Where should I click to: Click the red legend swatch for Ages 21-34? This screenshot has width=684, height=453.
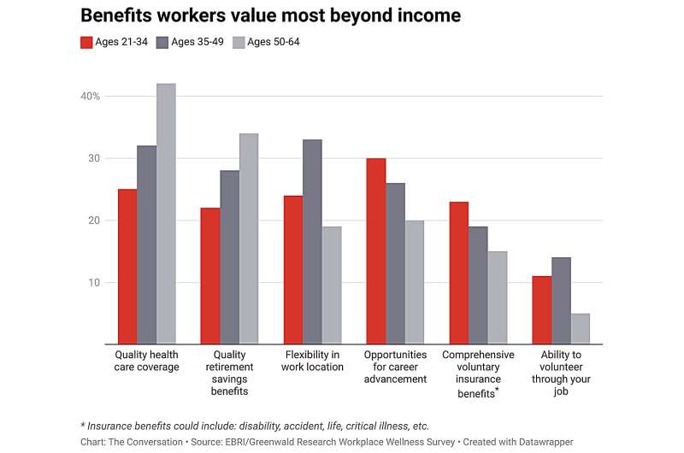tap(86, 42)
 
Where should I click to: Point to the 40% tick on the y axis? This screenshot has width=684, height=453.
tap(91, 96)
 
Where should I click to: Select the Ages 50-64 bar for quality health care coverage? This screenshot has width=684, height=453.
tap(166, 214)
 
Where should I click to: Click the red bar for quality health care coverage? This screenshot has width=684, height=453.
tap(127, 267)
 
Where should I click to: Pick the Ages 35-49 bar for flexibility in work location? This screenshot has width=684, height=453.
tap(312, 242)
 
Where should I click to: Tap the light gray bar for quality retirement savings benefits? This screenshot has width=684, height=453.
tap(248, 238)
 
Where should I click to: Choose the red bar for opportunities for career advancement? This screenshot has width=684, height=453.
tap(375, 251)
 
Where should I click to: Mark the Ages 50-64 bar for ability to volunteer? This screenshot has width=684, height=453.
tap(580, 329)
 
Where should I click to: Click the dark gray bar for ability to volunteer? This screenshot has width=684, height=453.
tap(561, 301)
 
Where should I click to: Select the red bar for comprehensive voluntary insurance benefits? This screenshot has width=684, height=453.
tap(458, 273)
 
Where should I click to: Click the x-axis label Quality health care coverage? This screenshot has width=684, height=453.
tap(146, 361)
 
